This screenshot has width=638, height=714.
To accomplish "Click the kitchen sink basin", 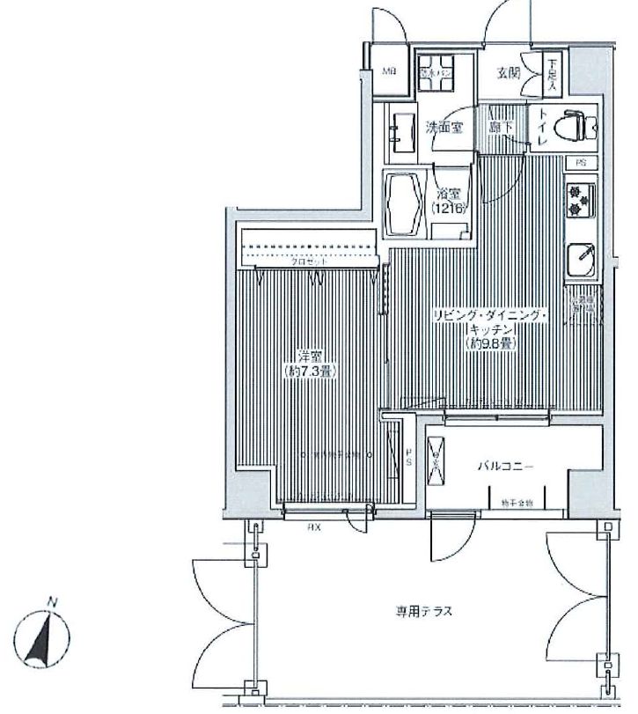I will (582, 258).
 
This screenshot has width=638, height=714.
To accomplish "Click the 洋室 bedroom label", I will (308, 357).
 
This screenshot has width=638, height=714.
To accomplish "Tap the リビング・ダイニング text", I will (490, 316).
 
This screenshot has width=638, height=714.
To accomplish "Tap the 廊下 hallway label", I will (502, 127).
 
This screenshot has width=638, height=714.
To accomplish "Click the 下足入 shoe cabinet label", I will (551, 74).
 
